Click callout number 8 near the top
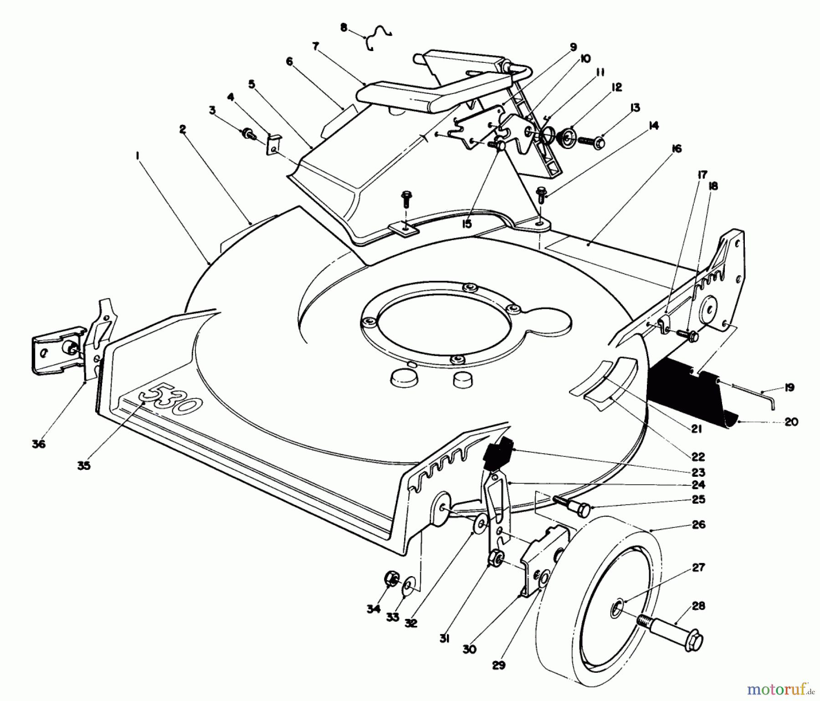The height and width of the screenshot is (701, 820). (343, 28)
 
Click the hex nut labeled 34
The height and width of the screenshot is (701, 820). (391, 579)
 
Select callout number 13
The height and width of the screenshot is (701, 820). (635, 108)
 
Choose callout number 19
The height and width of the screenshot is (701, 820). (789, 387)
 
